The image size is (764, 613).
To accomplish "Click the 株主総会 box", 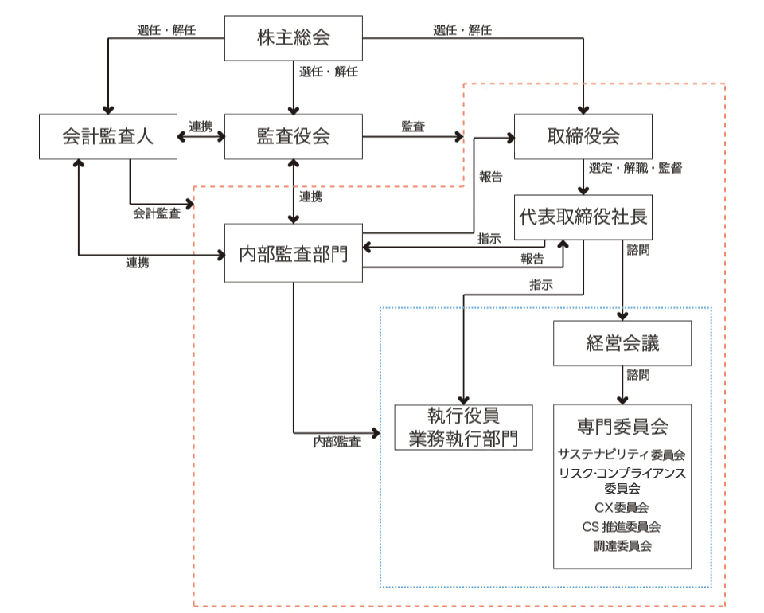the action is [x=294, y=38].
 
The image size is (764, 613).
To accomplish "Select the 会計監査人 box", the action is [x=108, y=136].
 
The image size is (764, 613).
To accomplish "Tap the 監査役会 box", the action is [x=294, y=136].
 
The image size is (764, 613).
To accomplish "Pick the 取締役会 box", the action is [x=583, y=136].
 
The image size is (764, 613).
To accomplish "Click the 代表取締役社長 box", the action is [x=583, y=217].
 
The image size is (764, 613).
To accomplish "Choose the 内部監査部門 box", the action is [x=294, y=253].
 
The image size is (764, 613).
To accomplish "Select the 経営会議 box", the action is [x=622, y=343].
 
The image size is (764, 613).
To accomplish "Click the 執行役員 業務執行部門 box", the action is [x=463, y=428].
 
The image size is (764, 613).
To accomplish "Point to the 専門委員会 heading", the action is [x=622, y=427].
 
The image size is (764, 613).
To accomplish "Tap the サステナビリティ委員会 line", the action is [x=622, y=455].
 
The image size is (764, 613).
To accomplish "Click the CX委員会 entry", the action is [x=622, y=508].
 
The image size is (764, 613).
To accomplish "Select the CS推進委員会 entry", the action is [x=622, y=527].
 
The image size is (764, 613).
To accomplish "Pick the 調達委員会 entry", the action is [x=622, y=546].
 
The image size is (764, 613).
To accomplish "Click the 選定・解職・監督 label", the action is [x=635, y=168].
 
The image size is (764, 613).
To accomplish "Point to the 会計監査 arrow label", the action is [x=157, y=213].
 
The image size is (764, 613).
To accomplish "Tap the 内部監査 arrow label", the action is [x=337, y=442].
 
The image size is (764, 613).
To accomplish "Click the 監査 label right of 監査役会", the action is [x=413, y=127].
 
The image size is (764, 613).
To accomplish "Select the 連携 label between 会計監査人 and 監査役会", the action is [x=201, y=127].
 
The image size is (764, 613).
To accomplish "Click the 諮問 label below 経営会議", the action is [x=637, y=375].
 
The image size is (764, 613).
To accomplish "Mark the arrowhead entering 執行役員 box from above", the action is [x=463, y=400].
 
